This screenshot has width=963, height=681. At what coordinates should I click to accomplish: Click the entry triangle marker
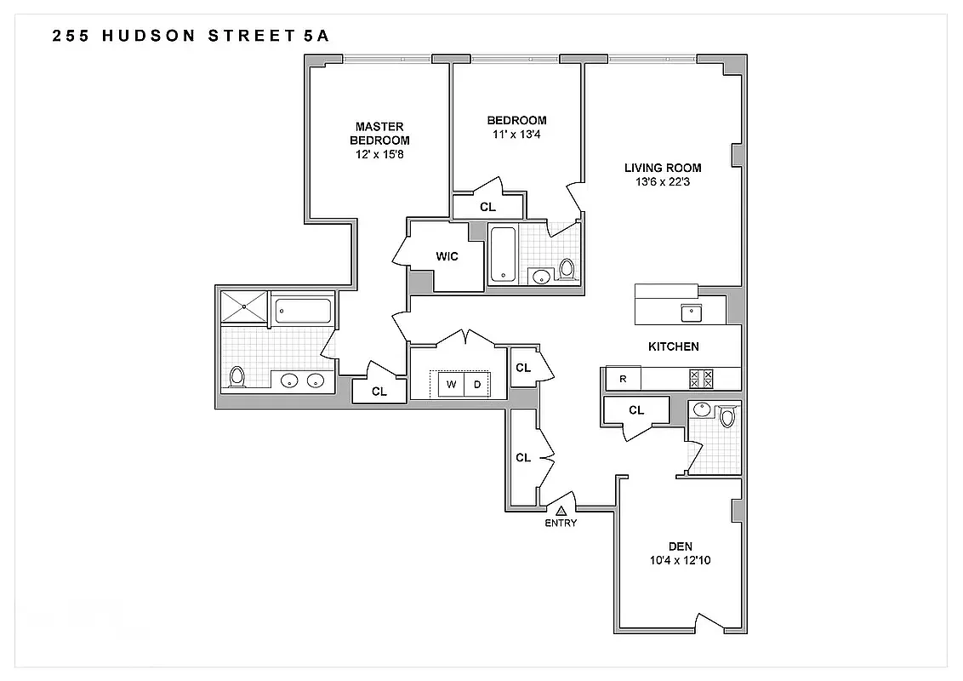(x=561, y=510)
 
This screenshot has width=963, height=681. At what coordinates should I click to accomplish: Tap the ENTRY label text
(x=561, y=523)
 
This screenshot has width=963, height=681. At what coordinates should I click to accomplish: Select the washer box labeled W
(x=452, y=385)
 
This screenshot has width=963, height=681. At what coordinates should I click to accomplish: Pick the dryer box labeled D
(x=477, y=385)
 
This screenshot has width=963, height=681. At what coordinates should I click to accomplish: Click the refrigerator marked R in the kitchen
(x=623, y=379)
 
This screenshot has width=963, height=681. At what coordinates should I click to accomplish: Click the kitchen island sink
(x=691, y=312)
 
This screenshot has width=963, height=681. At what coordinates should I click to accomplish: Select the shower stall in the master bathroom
(x=243, y=306)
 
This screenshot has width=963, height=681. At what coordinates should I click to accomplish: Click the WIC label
(x=447, y=256)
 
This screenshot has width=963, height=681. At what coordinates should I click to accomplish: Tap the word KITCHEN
(x=674, y=346)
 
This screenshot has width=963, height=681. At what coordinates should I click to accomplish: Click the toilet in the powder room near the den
(x=727, y=416)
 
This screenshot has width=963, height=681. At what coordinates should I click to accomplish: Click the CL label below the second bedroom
(x=487, y=207)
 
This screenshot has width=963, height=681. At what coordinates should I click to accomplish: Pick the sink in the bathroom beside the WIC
(x=539, y=275)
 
